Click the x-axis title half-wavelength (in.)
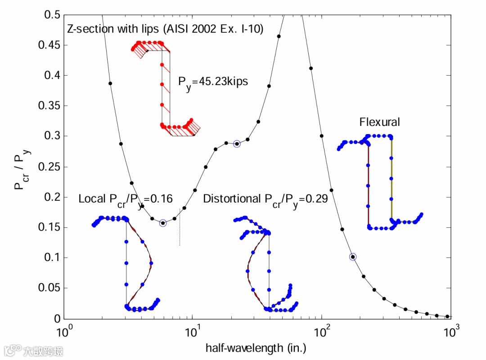click(x=256, y=348)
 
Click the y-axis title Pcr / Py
click(x=22, y=166)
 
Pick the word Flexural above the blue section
click(x=379, y=122)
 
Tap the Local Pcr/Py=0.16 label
click(x=126, y=199)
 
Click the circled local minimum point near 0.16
click(x=163, y=223)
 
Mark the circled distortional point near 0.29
click(x=237, y=144)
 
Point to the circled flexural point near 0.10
click(x=353, y=257)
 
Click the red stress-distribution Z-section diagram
click(x=166, y=88)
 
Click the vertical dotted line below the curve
click(x=180, y=232)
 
